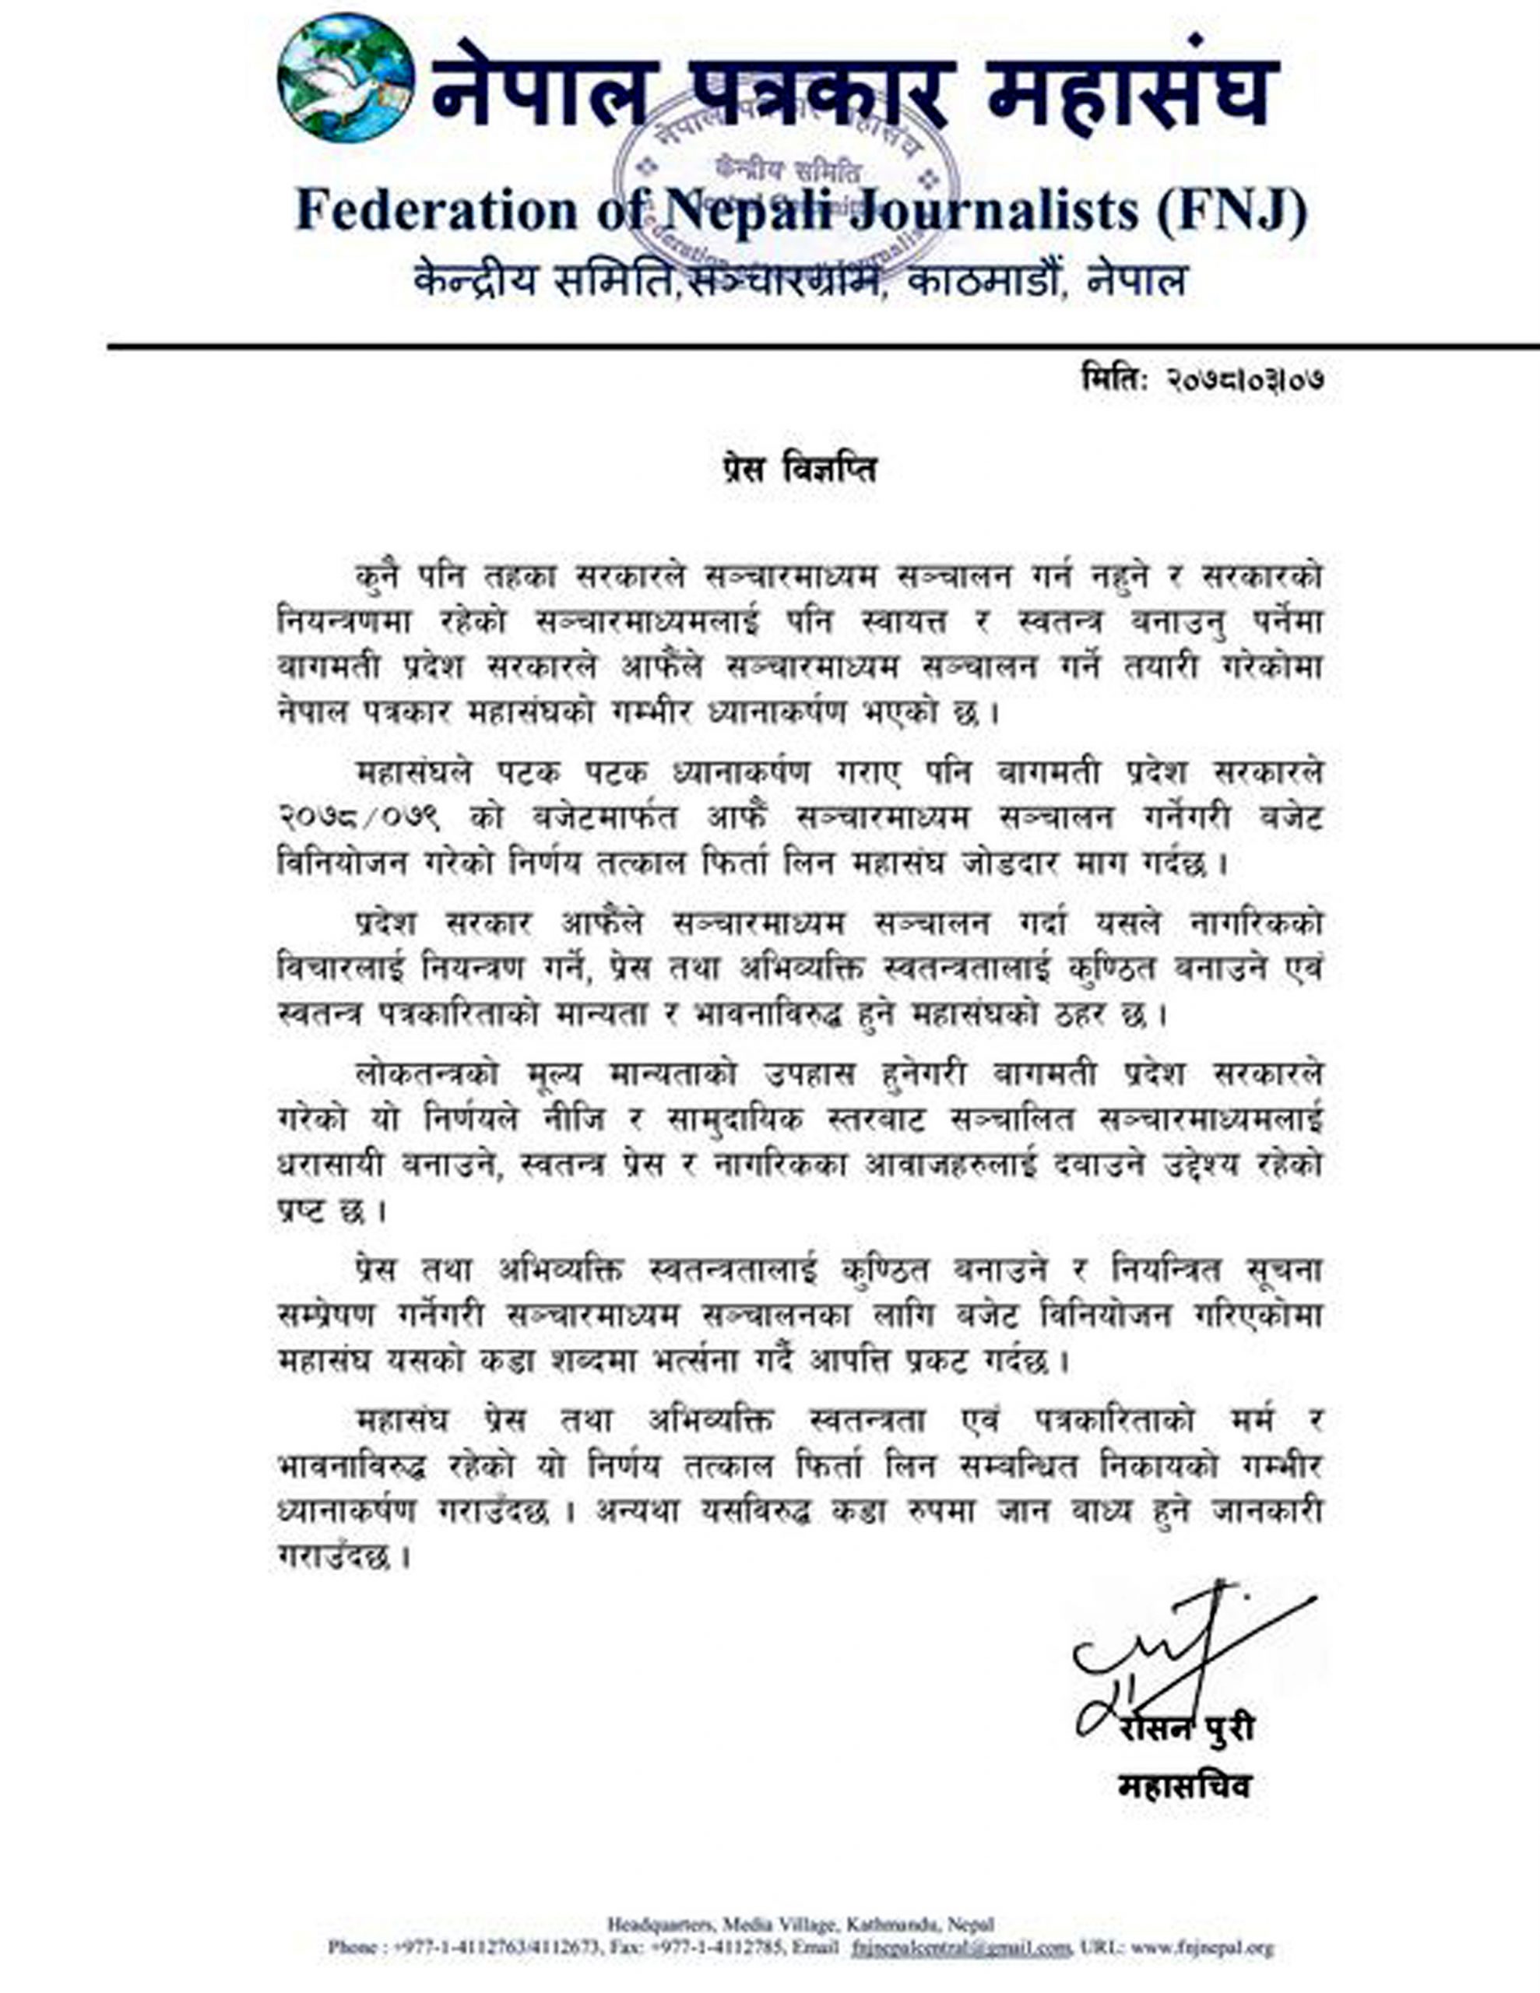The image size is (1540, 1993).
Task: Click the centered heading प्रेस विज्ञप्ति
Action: (794, 470)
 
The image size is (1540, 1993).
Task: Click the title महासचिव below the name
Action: (1184, 1786)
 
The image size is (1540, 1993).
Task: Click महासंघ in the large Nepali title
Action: (1133, 91)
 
